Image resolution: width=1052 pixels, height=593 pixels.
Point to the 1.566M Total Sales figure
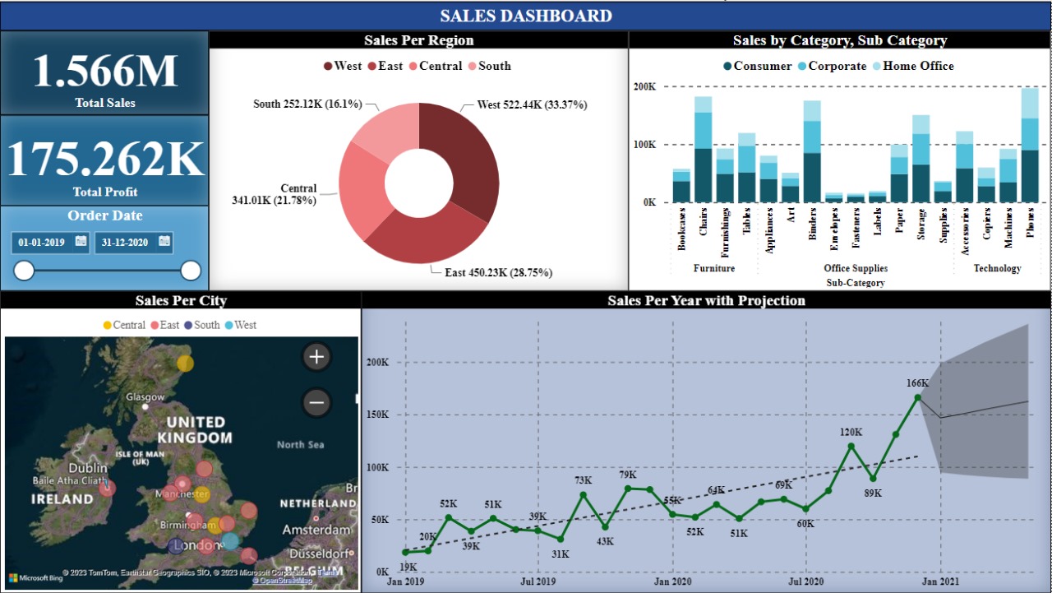pos(104,72)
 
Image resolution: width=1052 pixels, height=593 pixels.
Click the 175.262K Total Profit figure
pos(104,160)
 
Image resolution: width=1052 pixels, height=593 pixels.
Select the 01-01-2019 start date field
pos(42,243)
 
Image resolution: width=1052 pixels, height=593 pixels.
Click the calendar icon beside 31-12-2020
pos(164,242)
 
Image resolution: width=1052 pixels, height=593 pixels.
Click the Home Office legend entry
pos(918,66)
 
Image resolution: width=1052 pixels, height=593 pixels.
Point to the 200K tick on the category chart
pos(644,86)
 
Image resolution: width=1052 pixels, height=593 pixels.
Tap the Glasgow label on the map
pos(145,397)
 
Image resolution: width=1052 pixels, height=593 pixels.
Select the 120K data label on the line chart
pos(851,432)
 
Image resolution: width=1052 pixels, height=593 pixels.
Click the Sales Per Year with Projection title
pos(706,301)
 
